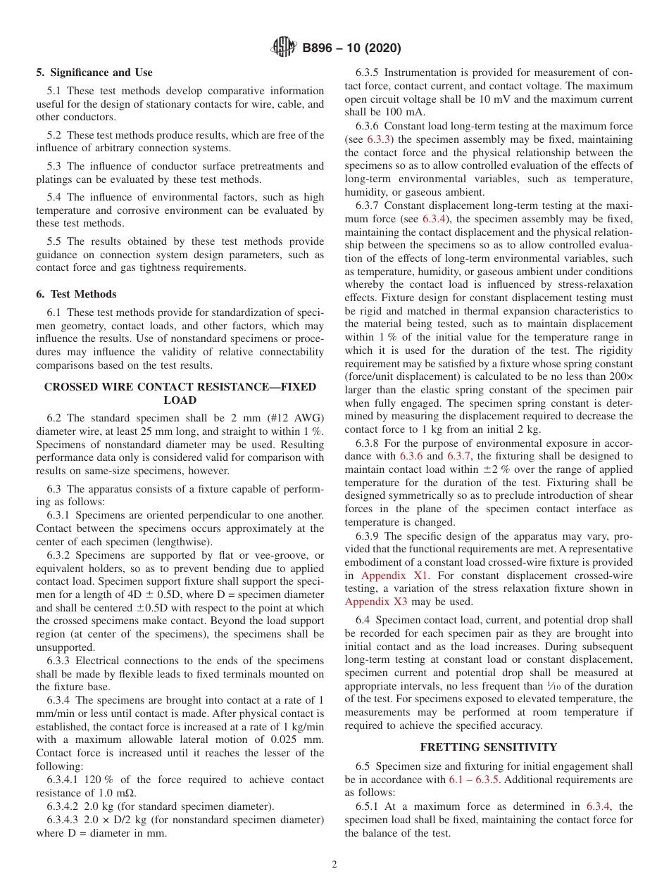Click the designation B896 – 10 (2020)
coord(351,49)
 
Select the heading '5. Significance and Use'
coord(94,72)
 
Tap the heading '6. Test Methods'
coord(76,294)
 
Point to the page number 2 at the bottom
coord(334,865)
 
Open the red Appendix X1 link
coord(394,575)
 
